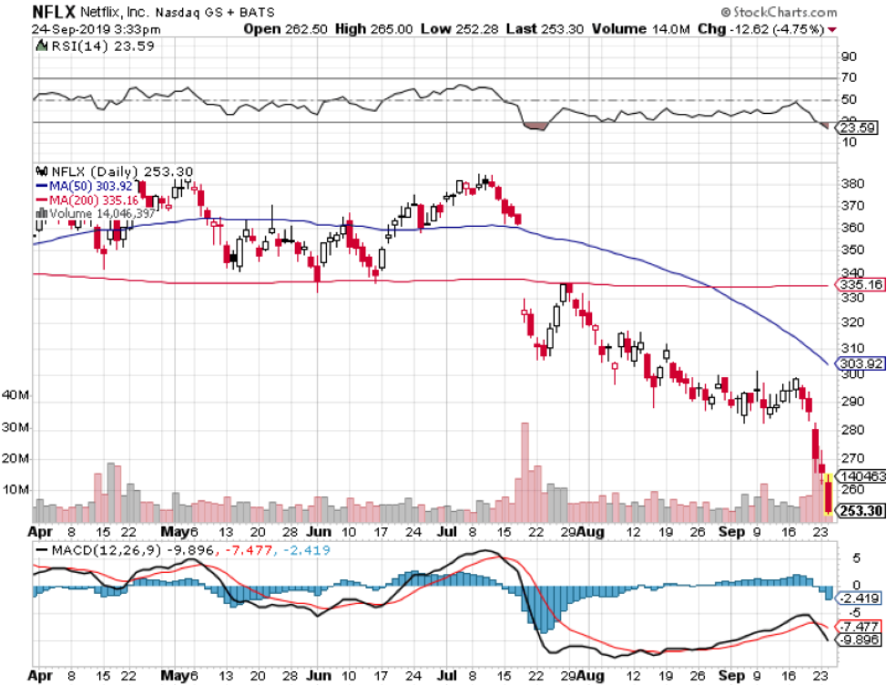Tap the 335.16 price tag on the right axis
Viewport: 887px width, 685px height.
click(859, 285)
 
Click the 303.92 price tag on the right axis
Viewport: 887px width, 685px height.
click(859, 363)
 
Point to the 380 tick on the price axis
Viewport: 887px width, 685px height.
click(851, 184)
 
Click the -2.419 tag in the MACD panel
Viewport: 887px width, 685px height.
click(859, 598)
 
